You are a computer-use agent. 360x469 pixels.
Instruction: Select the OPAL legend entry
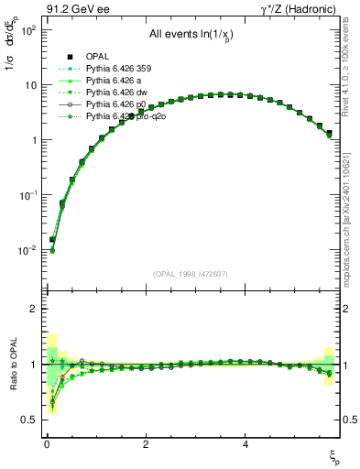[98, 55]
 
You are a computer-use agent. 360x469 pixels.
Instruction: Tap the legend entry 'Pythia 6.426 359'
[118, 68]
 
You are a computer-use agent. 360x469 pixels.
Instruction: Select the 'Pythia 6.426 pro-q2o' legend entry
[125, 116]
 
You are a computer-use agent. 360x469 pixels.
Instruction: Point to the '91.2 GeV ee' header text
[60, 8]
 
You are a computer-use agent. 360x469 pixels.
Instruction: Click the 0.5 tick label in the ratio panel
[28, 420]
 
